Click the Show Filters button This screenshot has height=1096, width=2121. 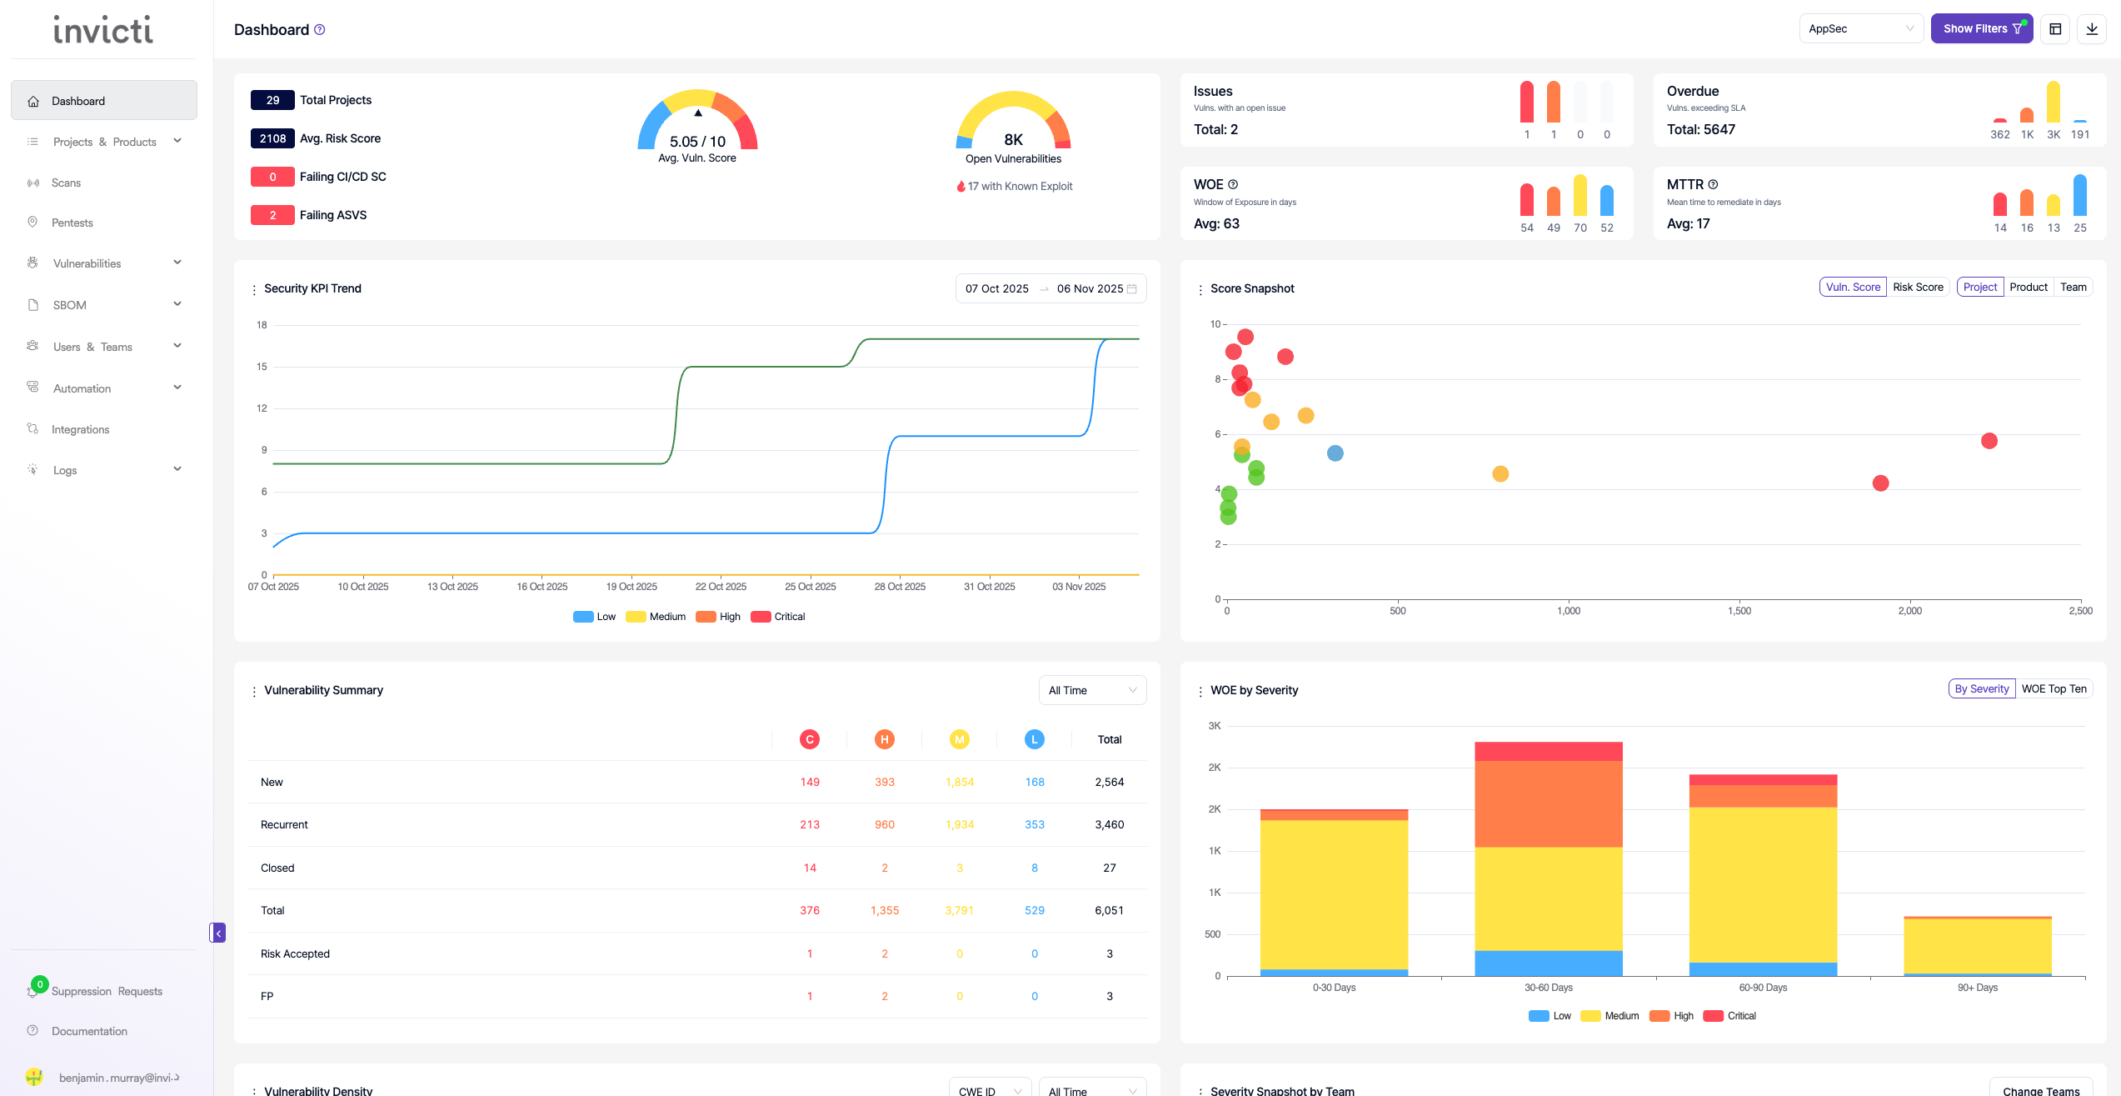pos(1981,28)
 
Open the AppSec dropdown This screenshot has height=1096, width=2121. pos(1860,28)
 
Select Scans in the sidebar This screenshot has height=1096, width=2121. pos(66,183)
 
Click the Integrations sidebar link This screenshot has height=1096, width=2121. pos(80,429)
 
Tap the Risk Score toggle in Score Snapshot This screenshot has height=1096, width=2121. pos(1917,287)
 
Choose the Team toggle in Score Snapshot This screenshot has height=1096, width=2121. pos(2073,287)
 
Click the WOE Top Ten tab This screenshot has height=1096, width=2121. pos(2054,688)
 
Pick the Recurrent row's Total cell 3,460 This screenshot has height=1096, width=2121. pos(1109,824)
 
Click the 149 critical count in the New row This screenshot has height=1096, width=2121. pos(809,782)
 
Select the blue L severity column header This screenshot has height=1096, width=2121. pos(1034,739)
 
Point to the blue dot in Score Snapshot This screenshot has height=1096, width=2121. pos(1335,453)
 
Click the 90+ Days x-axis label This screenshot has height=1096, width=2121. pos(1977,988)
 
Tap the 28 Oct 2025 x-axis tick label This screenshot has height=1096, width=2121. pos(900,587)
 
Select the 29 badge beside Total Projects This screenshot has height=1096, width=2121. pos(272,100)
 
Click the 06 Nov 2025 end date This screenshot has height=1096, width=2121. pos(1090,288)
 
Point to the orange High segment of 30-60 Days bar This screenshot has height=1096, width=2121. pos(1548,803)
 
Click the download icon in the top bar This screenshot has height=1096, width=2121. pos(2091,28)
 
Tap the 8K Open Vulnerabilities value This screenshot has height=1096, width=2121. pos(1013,139)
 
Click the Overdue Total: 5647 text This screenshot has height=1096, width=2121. pos(1700,129)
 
